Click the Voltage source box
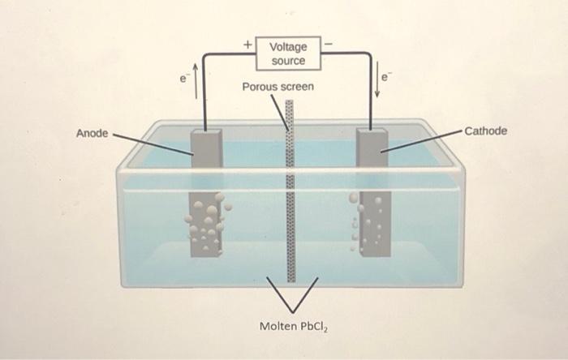pyautogui.click(x=288, y=54)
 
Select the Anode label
pyautogui.click(x=92, y=132)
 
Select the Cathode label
pyautogui.click(x=486, y=131)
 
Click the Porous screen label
pyautogui.click(x=278, y=86)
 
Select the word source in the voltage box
pyautogui.click(x=288, y=61)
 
